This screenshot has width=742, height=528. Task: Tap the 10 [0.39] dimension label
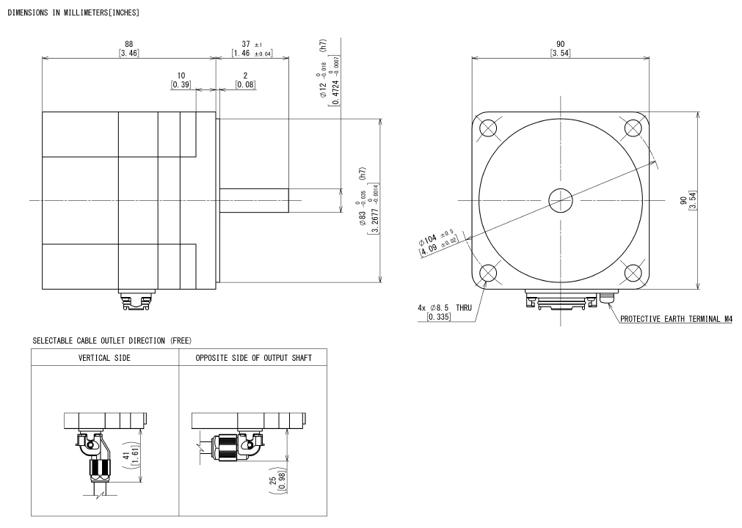[181, 80]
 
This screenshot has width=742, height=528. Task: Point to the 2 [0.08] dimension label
[245, 80]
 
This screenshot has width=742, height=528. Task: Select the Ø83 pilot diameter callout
[369, 201]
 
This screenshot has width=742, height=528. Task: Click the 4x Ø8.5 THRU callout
[444, 312]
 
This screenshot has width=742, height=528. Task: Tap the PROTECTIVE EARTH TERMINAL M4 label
[676, 319]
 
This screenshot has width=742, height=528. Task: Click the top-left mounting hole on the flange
[488, 128]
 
